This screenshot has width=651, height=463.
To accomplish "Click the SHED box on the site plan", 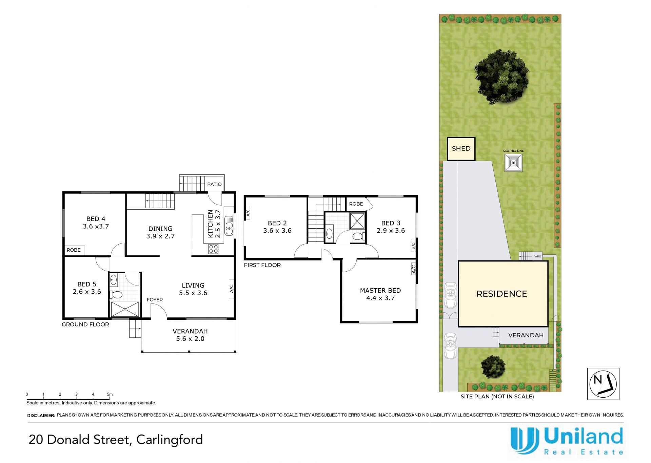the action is tap(461, 149).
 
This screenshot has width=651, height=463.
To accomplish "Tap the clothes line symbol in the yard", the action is tap(513, 163).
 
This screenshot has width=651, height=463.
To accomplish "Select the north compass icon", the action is tap(603, 384).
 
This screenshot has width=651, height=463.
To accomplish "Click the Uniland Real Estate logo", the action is tap(567, 441).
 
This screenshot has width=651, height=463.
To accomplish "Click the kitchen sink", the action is tap(229, 225).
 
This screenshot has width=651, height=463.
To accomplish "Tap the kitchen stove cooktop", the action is tap(213, 249).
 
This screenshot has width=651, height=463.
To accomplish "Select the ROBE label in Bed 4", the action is tap(74, 250).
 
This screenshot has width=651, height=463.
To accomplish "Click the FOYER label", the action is tap(155, 300).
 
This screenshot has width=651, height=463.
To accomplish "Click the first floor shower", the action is tap(357, 221).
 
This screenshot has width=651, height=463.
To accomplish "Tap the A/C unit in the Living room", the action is tap(232, 289).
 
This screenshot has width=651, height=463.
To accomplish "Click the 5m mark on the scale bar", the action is tap(110, 395).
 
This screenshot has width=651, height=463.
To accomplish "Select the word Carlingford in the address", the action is tap(170, 440).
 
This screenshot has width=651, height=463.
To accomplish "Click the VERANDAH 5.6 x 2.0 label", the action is tap(190, 335).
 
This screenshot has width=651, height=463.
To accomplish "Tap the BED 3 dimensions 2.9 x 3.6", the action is tap(391, 231).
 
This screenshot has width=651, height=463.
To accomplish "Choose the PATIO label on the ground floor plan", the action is tap(214, 184).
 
